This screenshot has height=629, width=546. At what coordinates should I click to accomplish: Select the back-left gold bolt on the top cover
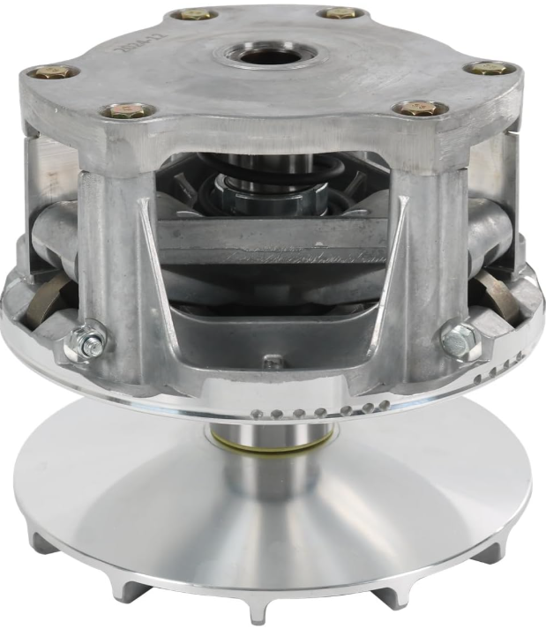(x=192, y=14)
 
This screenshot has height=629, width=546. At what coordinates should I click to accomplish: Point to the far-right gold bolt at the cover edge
(x=487, y=68)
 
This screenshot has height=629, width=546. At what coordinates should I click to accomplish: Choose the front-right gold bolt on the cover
(x=419, y=109)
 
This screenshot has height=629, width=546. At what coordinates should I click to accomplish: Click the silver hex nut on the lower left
(x=90, y=341)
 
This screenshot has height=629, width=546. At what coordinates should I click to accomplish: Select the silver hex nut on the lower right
(x=459, y=340)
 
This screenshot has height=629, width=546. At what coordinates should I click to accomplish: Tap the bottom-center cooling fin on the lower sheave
(x=257, y=609)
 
